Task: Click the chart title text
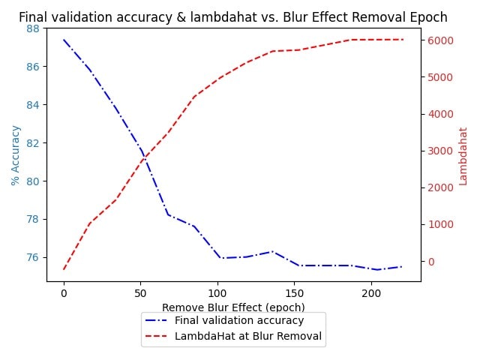click(232, 17)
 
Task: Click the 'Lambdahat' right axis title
click(463, 155)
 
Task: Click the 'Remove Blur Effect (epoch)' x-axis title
click(233, 307)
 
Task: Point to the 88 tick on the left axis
click(33, 28)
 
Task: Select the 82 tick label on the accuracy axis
click(33, 143)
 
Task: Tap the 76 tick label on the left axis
click(33, 258)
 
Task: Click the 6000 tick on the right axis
click(439, 40)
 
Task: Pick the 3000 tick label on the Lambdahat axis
click(439, 151)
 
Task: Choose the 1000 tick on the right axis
click(439, 225)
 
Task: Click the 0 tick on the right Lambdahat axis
click(431, 262)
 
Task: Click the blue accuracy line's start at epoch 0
click(64, 40)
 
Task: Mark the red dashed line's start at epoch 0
click(64, 269)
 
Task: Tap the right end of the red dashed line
click(403, 40)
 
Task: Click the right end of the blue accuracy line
click(403, 266)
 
